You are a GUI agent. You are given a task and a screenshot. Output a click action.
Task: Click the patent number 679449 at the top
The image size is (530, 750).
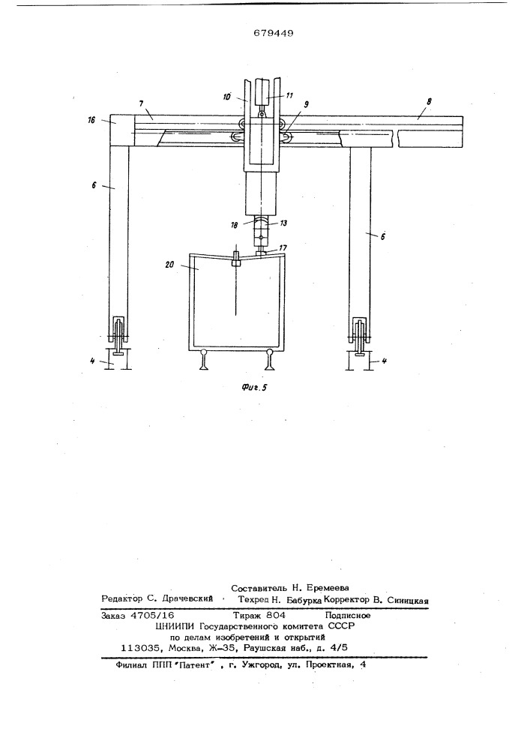(274, 33)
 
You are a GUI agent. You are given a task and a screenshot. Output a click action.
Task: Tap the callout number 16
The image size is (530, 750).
(91, 120)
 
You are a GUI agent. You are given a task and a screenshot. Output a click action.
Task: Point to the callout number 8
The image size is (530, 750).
(429, 101)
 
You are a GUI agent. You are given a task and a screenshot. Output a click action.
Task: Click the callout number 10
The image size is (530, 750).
(226, 97)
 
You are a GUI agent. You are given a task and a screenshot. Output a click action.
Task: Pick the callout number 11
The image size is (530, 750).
(289, 95)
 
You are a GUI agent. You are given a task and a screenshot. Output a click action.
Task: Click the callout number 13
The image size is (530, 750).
(283, 223)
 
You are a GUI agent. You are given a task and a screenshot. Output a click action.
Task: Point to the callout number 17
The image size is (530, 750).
(283, 247)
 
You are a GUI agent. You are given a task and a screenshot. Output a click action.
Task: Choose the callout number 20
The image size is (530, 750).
(169, 265)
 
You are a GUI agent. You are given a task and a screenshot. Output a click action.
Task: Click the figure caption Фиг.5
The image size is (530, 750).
(253, 388)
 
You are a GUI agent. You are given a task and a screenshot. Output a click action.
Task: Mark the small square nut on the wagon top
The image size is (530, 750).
(236, 262)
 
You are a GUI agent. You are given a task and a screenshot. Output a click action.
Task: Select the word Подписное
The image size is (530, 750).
(347, 616)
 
